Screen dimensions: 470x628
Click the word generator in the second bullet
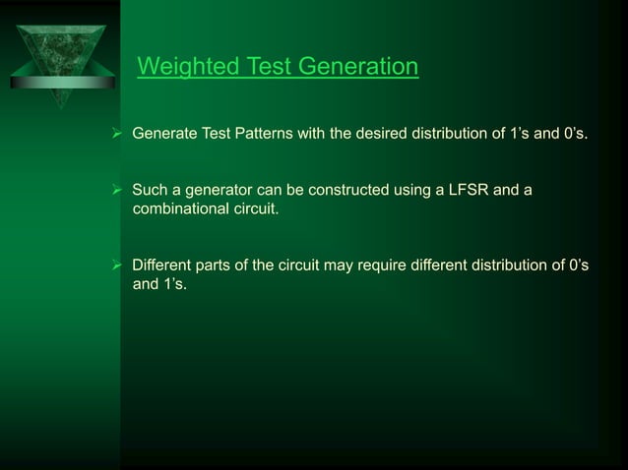point(214,190)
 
